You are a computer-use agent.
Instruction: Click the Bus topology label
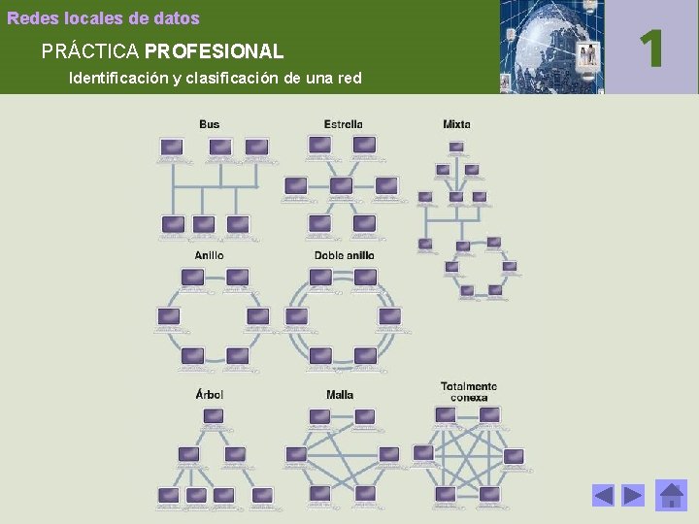(209, 124)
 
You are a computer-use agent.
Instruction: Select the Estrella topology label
(343, 124)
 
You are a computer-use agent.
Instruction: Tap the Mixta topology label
(456, 124)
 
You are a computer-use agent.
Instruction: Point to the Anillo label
(209, 255)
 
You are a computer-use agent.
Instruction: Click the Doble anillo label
(344, 255)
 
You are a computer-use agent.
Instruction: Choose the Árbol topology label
(209, 394)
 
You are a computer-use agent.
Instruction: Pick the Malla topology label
(340, 394)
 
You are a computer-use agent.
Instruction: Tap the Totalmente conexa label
(468, 391)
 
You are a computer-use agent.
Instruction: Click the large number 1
(653, 48)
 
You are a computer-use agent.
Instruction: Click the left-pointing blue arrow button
(604, 496)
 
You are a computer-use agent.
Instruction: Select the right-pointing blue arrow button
(633, 496)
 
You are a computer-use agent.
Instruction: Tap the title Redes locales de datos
(103, 18)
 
